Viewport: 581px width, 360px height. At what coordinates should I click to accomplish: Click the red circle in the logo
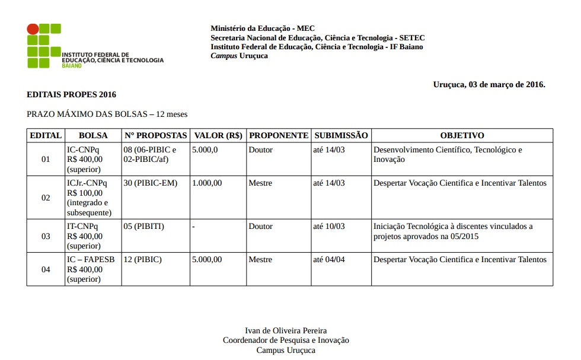(x=33, y=29)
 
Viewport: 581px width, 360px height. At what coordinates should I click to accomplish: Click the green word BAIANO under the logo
(x=72, y=65)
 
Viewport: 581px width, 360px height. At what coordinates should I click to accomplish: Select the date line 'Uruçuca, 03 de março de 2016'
(x=489, y=84)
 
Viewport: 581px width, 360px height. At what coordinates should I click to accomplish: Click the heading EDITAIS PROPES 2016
(x=71, y=94)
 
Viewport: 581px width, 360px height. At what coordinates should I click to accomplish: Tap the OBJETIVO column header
(x=462, y=136)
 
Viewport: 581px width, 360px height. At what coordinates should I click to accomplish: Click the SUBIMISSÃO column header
(x=341, y=136)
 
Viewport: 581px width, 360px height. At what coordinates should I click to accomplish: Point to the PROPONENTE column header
(x=279, y=136)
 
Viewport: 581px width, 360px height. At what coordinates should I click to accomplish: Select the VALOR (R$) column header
(x=218, y=136)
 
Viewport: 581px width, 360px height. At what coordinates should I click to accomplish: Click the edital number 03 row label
(x=46, y=236)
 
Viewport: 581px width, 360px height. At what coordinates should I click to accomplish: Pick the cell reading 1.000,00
(x=207, y=183)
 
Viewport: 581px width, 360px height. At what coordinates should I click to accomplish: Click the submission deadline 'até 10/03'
(x=328, y=227)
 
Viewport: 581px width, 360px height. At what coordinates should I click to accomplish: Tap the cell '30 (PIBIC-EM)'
(x=151, y=183)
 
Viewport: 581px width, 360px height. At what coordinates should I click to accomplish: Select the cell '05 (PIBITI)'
(x=143, y=227)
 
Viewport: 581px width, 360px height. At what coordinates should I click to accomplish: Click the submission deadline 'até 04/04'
(x=328, y=260)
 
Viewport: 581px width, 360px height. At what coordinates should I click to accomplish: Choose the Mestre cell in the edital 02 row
(x=260, y=183)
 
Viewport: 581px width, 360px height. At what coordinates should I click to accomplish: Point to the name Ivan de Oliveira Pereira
(x=286, y=330)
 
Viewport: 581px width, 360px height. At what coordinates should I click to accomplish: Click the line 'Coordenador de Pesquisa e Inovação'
(x=286, y=340)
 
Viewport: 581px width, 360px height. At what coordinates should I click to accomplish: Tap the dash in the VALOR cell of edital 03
(x=194, y=227)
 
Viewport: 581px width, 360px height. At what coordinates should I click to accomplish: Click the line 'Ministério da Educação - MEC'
(x=263, y=28)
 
